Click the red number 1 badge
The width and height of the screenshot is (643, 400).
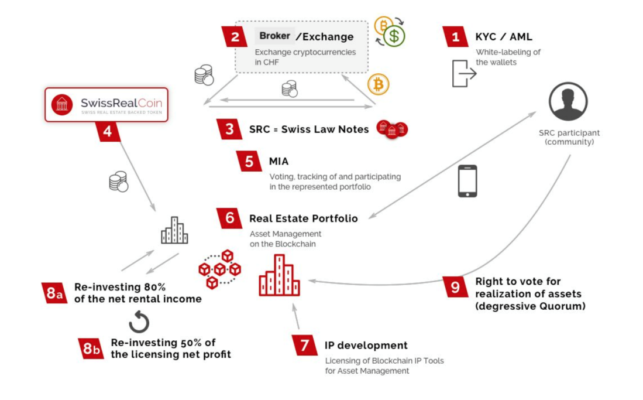pos(455,37)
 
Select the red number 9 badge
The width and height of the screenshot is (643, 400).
pos(455,287)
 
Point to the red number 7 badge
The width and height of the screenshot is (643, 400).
pos(304,346)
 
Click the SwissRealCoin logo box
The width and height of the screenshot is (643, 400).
pos(106,105)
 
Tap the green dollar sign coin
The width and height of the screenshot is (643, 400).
pos(394,36)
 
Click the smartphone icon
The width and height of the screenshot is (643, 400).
pos(467,181)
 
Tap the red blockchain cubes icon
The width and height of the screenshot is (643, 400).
pos(219,269)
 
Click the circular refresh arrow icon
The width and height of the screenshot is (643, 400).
pos(139,322)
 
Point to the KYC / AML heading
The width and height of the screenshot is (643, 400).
pos(504,37)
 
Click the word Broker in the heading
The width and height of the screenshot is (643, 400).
pos(274,36)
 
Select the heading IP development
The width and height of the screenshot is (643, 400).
pos(366,346)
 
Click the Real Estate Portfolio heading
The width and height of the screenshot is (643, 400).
pos(303,218)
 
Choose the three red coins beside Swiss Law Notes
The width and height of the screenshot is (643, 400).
pos(391,129)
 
